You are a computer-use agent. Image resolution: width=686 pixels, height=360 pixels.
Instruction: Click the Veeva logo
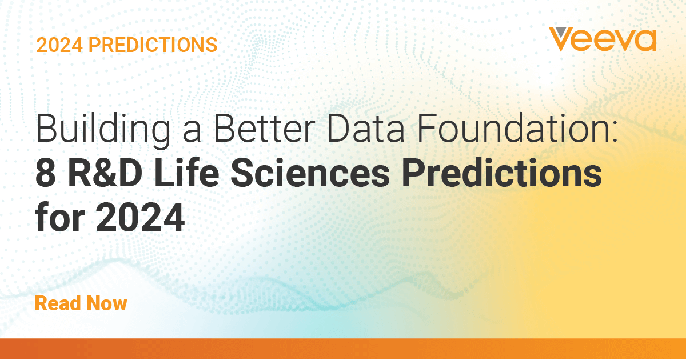(602, 39)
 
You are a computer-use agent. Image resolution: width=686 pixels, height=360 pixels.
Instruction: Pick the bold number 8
(45, 175)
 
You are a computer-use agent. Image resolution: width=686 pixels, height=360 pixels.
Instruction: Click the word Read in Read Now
(57, 303)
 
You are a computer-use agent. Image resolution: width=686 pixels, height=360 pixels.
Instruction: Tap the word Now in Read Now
(106, 303)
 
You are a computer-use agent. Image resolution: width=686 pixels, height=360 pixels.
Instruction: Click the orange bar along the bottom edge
(343, 349)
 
